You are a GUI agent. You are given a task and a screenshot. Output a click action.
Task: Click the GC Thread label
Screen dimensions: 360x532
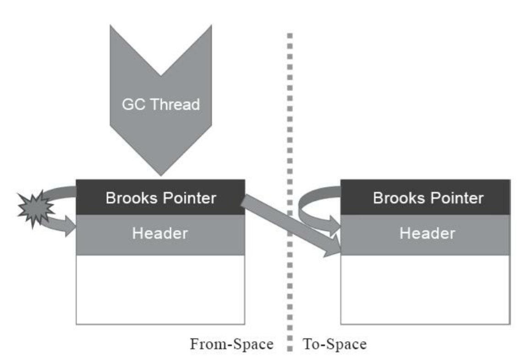point(160,104)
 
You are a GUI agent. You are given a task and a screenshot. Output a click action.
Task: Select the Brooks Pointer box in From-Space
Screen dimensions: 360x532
point(160,197)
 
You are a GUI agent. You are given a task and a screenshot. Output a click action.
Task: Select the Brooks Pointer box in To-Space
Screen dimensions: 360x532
point(425,197)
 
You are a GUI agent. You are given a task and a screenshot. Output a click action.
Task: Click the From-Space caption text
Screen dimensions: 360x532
point(231,344)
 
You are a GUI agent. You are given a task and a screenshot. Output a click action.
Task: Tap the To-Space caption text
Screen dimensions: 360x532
point(335,344)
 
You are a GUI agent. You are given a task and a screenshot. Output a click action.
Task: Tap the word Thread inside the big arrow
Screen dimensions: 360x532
point(175,104)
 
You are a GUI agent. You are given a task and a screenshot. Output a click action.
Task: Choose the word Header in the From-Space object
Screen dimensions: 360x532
point(160,233)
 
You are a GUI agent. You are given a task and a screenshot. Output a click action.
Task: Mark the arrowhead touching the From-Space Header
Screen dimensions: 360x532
point(69,227)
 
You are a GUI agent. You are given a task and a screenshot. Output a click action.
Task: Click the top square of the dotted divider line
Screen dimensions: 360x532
point(290,35)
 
